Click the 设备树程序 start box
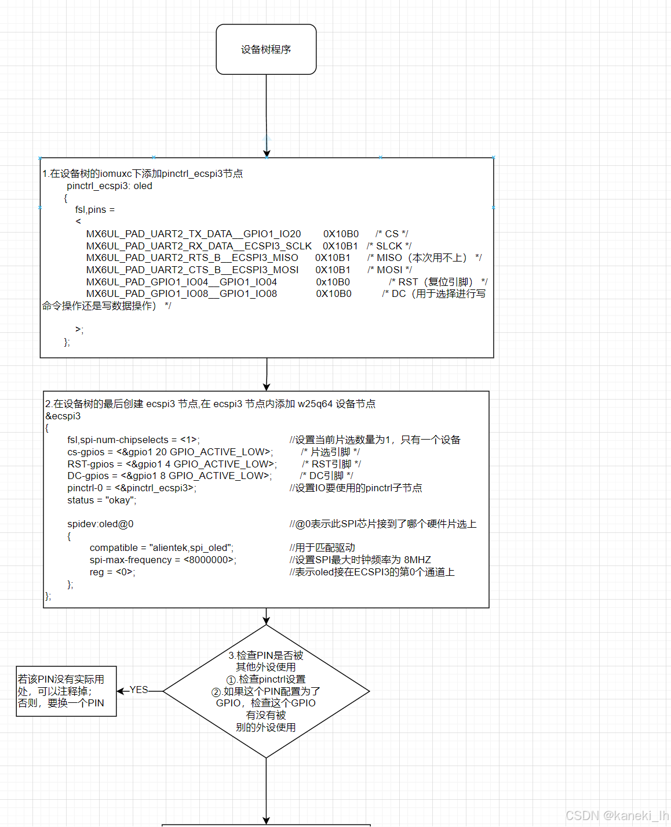click(x=266, y=49)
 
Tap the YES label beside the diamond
click(x=139, y=690)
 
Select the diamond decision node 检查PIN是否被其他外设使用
click(x=266, y=691)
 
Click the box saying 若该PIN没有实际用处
click(x=66, y=691)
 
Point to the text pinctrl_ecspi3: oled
click(x=110, y=186)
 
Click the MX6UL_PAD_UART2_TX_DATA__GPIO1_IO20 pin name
click(x=194, y=234)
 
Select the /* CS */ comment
click(x=392, y=234)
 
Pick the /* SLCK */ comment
click(x=389, y=246)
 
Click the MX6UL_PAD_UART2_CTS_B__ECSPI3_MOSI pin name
click(x=192, y=270)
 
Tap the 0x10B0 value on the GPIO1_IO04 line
click(x=333, y=282)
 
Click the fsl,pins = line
click(x=95, y=209)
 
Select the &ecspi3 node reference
click(x=63, y=416)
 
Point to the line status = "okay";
click(x=102, y=500)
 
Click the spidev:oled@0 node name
click(x=100, y=524)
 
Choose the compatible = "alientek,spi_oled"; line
click(x=161, y=547)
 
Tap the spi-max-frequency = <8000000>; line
click(x=163, y=560)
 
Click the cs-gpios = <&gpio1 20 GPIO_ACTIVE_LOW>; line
click(x=170, y=452)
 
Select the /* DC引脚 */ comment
click(x=326, y=476)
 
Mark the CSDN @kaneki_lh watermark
click(x=617, y=815)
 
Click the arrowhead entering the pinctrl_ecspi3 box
click(x=267, y=153)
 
